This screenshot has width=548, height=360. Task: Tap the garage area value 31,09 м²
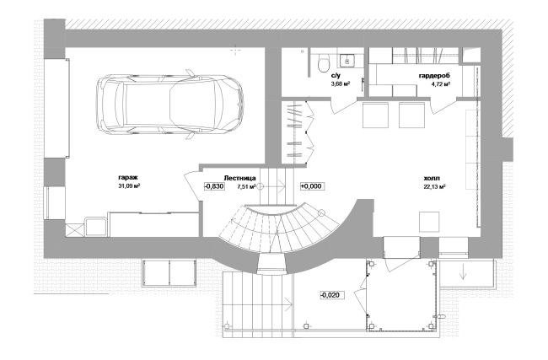(x=129, y=186)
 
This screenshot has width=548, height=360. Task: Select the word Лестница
(x=239, y=178)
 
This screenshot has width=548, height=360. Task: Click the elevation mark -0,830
(x=214, y=186)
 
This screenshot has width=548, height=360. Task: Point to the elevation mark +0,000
(x=311, y=186)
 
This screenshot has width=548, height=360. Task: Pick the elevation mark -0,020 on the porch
(x=330, y=295)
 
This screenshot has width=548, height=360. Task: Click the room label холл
(x=432, y=178)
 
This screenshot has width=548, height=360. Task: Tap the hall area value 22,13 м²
(x=434, y=186)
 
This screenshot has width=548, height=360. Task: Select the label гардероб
(x=434, y=76)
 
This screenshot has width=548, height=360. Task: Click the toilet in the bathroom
(x=324, y=63)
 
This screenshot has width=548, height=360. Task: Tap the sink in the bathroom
(x=347, y=61)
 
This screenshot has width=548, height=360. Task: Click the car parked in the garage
(x=170, y=105)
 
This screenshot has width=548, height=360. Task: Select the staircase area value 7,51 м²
(x=246, y=186)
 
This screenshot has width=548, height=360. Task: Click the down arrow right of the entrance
(x=464, y=272)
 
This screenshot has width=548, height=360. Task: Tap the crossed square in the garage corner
(x=75, y=230)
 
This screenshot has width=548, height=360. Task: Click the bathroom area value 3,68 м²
(x=341, y=83)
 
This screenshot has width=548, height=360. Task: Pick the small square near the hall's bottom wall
(x=429, y=222)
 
